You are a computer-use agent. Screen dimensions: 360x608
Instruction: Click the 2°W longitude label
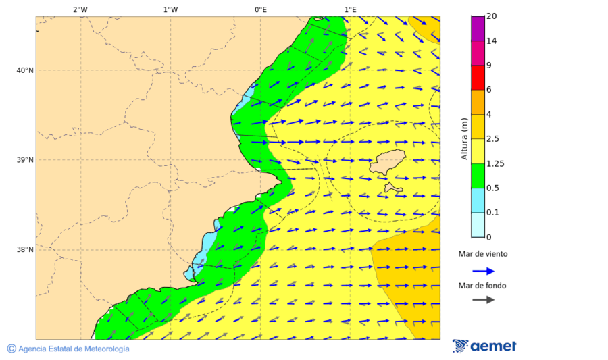80,9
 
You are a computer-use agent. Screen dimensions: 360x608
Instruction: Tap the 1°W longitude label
170,9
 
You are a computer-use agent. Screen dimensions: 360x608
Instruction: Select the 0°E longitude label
260,9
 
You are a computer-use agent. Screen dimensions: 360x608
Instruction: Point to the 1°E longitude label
350,9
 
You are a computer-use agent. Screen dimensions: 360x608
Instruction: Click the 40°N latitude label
25,70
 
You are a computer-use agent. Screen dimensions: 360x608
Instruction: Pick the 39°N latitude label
25,160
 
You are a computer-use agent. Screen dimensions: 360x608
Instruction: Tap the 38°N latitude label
25,250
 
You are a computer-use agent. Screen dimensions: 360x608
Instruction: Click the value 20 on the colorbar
491,17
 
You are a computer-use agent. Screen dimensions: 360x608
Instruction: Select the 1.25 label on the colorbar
495,163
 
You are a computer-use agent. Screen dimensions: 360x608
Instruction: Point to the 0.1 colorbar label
492,213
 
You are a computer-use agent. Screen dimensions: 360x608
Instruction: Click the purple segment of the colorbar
478,28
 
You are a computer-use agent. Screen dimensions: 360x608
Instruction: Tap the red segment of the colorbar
478,78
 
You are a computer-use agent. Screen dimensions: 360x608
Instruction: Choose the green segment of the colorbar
478,176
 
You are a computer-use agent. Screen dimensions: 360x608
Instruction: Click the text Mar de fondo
482,286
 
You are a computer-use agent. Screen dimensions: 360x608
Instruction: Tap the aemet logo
484,346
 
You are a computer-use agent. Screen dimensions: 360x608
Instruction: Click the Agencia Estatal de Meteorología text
73,349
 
